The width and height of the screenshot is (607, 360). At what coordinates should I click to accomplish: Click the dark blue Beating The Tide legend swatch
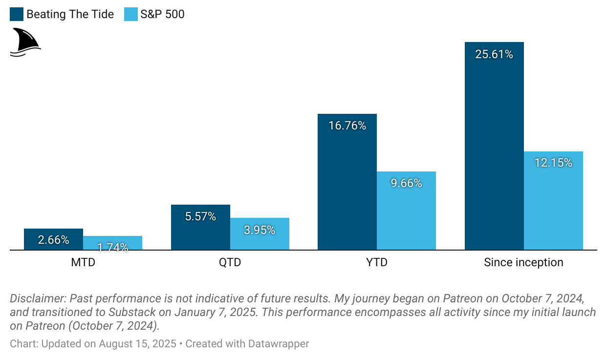point(17,14)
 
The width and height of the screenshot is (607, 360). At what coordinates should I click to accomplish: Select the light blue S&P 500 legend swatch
point(131,14)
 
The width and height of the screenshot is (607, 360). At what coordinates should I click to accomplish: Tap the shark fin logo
point(25,42)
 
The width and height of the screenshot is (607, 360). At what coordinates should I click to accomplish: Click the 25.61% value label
point(494,54)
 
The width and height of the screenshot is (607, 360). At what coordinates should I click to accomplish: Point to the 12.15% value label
point(553,163)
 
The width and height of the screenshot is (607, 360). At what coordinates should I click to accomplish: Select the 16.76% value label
point(347,126)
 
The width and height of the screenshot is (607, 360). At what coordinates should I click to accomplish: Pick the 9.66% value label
point(406,183)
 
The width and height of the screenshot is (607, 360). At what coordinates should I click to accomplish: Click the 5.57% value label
point(200,216)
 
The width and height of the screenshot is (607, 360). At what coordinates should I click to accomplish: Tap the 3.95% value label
point(260,230)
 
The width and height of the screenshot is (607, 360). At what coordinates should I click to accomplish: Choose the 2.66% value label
point(53,240)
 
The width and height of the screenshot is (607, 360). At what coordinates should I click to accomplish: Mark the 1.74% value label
point(113,247)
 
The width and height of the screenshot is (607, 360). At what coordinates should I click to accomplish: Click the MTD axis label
point(83,262)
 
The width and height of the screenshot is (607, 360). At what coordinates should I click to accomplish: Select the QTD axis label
point(230,262)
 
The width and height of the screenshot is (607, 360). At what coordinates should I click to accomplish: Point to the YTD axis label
point(377,262)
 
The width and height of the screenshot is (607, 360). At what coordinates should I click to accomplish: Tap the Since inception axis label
point(523,262)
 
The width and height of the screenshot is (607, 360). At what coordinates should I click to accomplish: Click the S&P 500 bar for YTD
point(406,215)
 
